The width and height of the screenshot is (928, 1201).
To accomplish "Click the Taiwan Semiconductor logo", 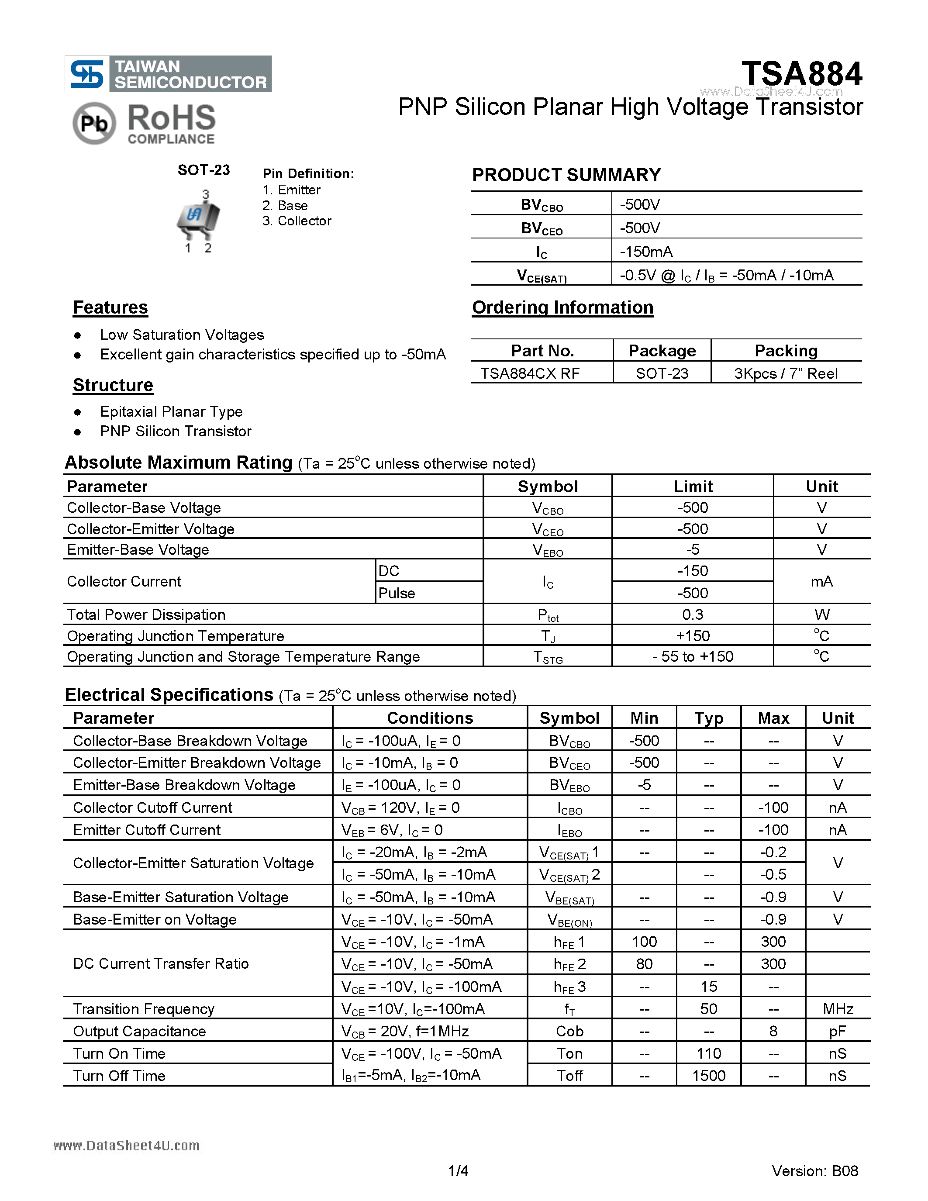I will [168, 74].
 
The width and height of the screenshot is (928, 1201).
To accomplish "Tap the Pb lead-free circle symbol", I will [94, 124].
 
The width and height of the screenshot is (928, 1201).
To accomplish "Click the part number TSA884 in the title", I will [801, 74].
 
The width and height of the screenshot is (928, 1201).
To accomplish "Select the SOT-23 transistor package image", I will [198, 218].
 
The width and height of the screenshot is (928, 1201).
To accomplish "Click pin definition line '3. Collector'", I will [297, 221].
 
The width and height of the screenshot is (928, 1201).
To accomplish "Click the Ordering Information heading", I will [562, 307].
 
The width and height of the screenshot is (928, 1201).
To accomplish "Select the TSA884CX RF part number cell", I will [530, 373].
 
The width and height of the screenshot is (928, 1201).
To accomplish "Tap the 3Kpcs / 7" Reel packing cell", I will [786, 373].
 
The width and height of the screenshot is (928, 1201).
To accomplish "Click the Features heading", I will [110, 307].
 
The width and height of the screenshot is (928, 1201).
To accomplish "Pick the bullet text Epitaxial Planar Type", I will [171, 412].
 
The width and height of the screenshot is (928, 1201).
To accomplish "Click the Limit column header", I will [693, 487].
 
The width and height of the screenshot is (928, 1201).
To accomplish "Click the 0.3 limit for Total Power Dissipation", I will [693, 615].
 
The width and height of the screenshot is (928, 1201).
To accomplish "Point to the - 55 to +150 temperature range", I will [693, 656].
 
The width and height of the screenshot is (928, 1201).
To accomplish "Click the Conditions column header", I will [430, 718].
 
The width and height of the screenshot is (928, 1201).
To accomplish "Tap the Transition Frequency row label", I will [144, 1009].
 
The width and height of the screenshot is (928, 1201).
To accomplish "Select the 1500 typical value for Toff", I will [709, 1076].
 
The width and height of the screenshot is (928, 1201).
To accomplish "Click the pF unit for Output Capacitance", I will [837, 1032].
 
